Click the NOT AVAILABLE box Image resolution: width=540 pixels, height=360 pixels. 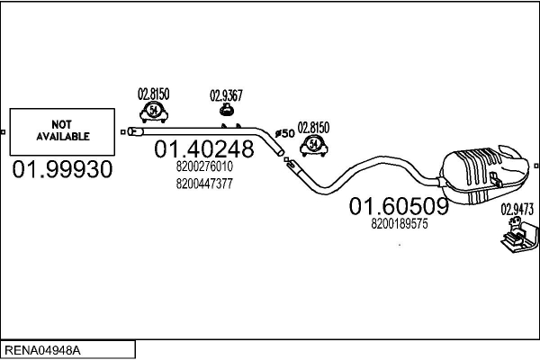[62, 132]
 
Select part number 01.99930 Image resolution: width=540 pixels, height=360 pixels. [62, 168]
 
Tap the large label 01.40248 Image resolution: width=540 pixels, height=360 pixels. [205, 149]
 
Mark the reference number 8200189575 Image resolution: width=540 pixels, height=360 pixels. [400, 226]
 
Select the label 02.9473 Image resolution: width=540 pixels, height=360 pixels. [517, 209]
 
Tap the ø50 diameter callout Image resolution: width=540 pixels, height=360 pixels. [284, 133]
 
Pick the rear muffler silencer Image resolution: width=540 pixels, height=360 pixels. [481, 170]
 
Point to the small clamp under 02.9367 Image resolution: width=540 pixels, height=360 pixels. [227, 111]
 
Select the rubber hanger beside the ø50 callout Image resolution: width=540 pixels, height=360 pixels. [314, 143]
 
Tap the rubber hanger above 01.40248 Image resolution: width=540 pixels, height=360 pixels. [153, 111]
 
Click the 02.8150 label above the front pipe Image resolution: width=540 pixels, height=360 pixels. [153, 93]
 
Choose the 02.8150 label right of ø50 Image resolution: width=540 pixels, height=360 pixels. [314, 127]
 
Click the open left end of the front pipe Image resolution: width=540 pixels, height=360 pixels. [132, 132]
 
